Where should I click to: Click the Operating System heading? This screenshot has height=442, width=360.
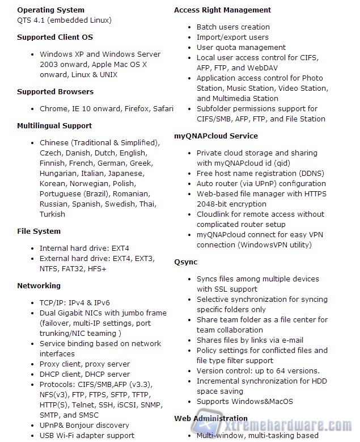click(x=50, y=10)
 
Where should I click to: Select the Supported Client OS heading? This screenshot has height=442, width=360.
click(x=54, y=37)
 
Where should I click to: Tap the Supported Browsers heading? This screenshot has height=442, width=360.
click(x=55, y=91)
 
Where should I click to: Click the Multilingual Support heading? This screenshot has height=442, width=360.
click(x=54, y=125)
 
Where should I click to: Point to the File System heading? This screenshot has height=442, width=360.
click(x=39, y=231)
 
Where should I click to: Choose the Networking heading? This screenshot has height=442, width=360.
click(x=39, y=285)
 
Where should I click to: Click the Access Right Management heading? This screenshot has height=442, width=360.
click(x=222, y=10)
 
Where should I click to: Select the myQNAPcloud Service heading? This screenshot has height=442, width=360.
click(x=215, y=136)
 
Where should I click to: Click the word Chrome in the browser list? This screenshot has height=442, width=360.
click(x=53, y=108)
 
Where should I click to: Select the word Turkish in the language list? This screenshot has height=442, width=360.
click(x=52, y=214)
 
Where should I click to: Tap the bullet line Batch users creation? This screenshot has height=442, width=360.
click(x=233, y=27)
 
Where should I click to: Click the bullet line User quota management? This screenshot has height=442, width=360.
click(x=241, y=47)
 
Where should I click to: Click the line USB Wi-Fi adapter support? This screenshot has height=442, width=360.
click(x=87, y=435)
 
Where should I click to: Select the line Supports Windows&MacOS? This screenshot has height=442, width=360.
click(x=244, y=401)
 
